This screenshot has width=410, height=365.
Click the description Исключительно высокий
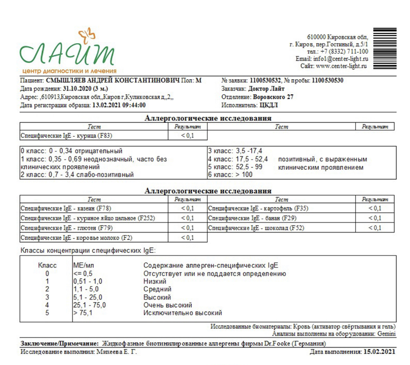point(183,313)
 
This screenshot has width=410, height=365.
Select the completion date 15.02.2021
point(379,352)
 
